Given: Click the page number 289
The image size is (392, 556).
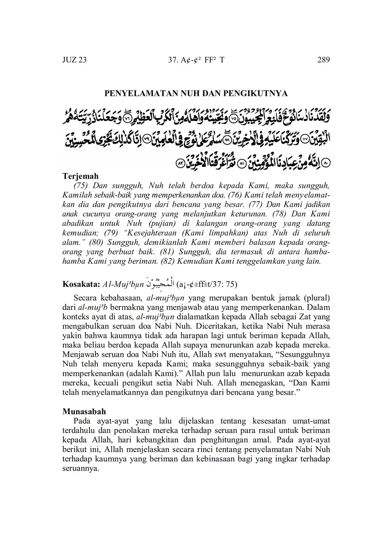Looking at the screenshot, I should point(324,60).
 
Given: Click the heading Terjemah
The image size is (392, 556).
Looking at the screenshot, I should point(80,176).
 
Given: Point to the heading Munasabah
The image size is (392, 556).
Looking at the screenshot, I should point(84,411).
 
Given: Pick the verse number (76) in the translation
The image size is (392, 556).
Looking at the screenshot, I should point(252,195).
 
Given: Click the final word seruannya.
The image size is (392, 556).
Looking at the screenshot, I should point(80,469).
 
